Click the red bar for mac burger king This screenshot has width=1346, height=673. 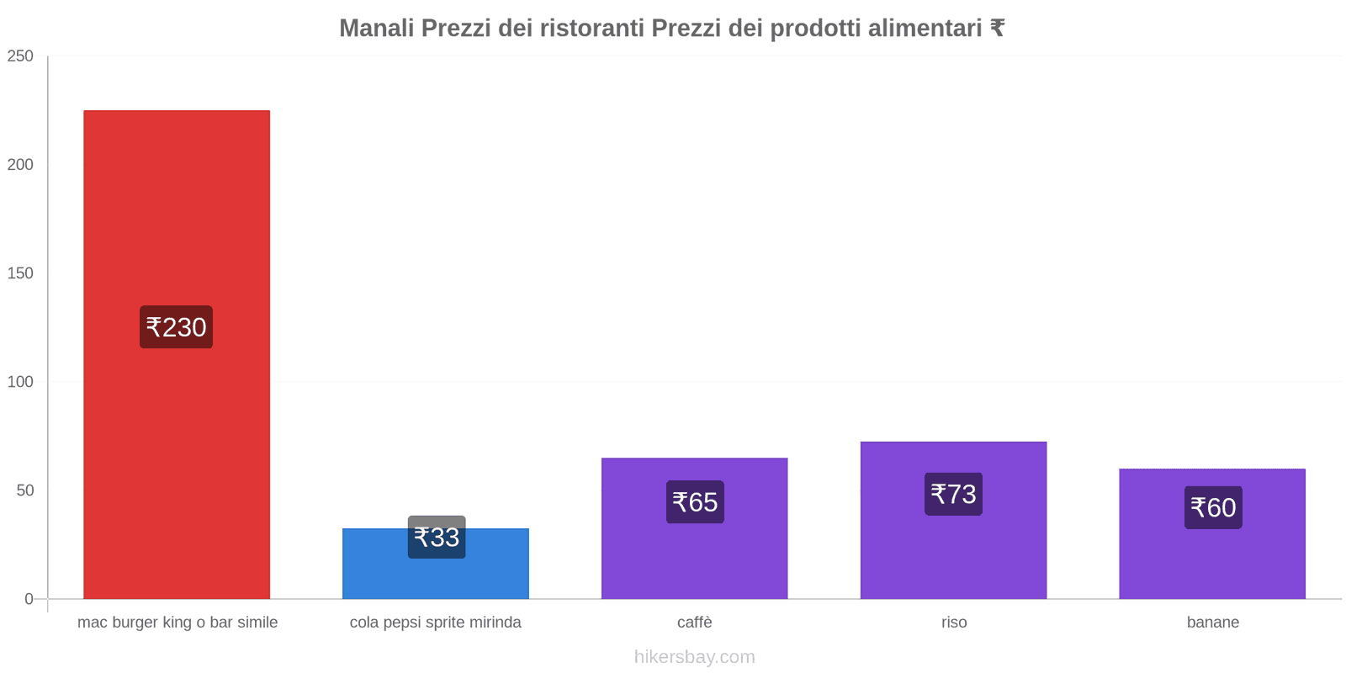pyautogui.click(x=177, y=210)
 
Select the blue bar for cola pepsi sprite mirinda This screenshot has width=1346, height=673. pyautogui.click(x=435, y=576)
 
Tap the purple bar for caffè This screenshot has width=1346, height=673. pyautogui.click(x=694, y=555)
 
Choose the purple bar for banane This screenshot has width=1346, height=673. pyautogui.click(x=1212, y=559)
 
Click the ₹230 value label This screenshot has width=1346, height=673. pyautogui.click(x=176, y=327)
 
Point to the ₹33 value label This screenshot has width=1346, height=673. pyautogui.click(x=437, y=537)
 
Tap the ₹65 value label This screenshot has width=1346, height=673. pyautogui.click(x=695, y=502)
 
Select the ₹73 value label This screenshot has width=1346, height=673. pyautogui.click(x=953, y=494)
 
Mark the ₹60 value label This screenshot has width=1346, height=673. pyautogui.click(x=1213, y=507)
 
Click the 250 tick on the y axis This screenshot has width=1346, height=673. pyautogui.click(x=20, y=56)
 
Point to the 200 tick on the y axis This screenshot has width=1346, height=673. pyautogui.click(x=20, y=165)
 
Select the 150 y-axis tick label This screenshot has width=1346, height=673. pyautogui.click(x=20, y=273)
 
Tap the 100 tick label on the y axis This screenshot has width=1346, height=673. pyautogui.click(x=20, y=382)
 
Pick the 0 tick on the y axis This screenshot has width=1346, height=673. pyautogui.click(x=29, y=599)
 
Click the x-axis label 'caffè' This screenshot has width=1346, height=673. pyautogui.click(x=694, y=623)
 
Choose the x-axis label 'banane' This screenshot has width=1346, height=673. pyautogui.click(x=1212, y=623)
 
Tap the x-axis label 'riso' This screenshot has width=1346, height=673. pyautogui.click(x=954, y=623)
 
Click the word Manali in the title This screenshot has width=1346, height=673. pyautogui.click(x=376, y=29)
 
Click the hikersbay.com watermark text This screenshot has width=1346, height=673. pyautogui.click(x=694, y=657)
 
